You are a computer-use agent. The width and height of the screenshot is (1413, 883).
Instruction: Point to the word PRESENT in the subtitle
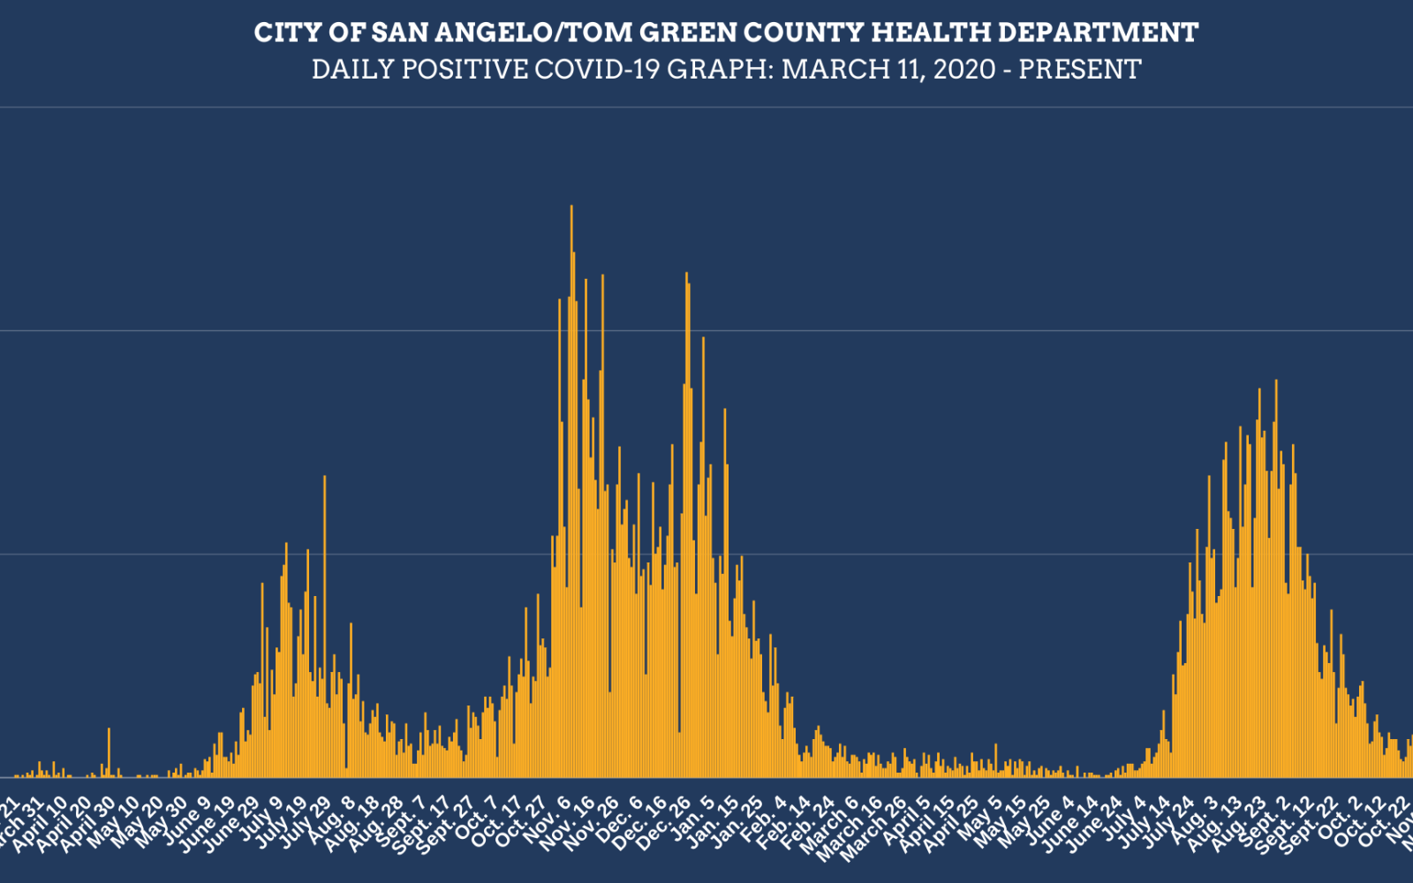coord(1079,70)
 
